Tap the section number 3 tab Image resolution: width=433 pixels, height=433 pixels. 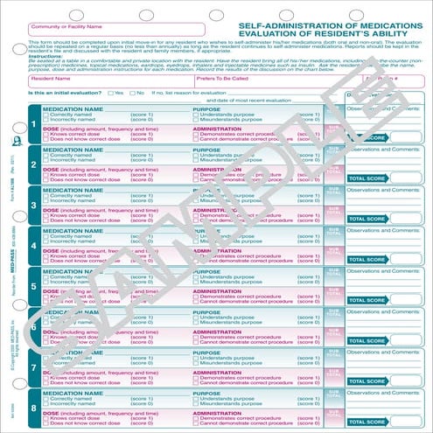point(32,206)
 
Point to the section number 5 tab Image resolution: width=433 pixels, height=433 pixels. point(32,285)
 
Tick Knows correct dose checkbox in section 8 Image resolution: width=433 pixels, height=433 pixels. point(47,419)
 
